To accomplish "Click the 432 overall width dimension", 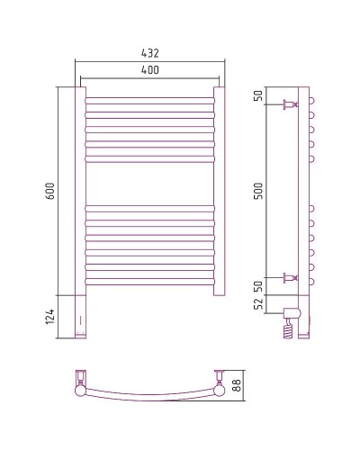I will pos(149,54).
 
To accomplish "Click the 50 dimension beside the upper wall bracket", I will pos(258,95).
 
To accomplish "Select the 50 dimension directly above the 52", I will pos(258,286).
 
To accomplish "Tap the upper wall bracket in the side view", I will pos(291,105).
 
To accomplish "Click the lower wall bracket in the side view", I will pos(291,277).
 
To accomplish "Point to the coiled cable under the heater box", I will pos(288,329).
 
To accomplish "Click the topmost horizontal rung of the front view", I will pos(149,97).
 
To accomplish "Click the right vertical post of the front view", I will pos(219,189).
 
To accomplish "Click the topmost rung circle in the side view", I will pos(311,98).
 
